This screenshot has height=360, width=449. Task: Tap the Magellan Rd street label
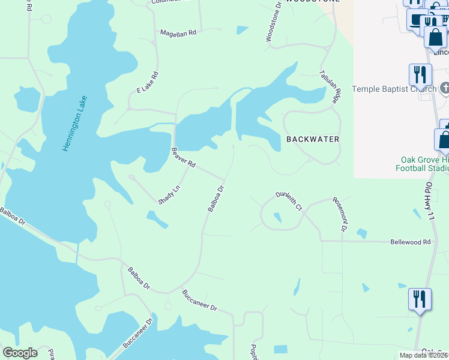(178, 33)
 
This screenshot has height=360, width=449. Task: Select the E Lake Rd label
(147, 82)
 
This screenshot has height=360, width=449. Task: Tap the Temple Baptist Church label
(394, 89)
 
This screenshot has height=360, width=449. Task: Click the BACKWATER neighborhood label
(313, 139)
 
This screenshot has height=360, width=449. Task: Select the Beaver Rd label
(184, 157)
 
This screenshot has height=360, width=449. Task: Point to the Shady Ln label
(169, 195)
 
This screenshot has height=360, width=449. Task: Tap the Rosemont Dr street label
(340, 215)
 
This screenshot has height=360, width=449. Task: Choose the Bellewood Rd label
(411, 242)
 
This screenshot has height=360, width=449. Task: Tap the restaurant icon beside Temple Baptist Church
(420, 74)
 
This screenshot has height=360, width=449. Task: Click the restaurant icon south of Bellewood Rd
(419, 299)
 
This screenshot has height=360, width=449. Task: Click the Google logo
(20, 353)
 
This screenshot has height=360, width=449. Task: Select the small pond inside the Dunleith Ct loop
(277, 218)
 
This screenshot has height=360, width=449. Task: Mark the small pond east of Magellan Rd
(243, 29)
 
